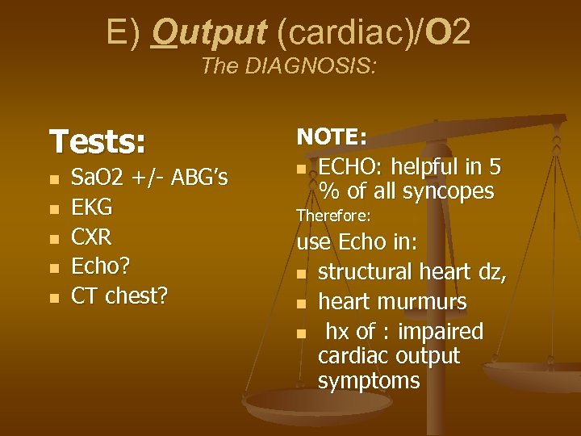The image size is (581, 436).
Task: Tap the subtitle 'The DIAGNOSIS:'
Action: pos(288,65)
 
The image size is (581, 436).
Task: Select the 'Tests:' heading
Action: pos(98,142)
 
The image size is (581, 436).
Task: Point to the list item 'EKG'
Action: pos(91,208)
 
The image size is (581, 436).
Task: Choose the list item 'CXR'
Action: pos(91,237)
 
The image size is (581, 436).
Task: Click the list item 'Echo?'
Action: pos(100,266)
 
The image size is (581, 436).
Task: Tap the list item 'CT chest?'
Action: pos(119,296)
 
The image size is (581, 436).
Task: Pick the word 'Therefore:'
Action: pos(333,216)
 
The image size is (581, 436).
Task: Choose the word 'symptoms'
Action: pos(369,380)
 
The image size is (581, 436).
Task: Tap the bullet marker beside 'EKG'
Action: pos(54,209)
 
